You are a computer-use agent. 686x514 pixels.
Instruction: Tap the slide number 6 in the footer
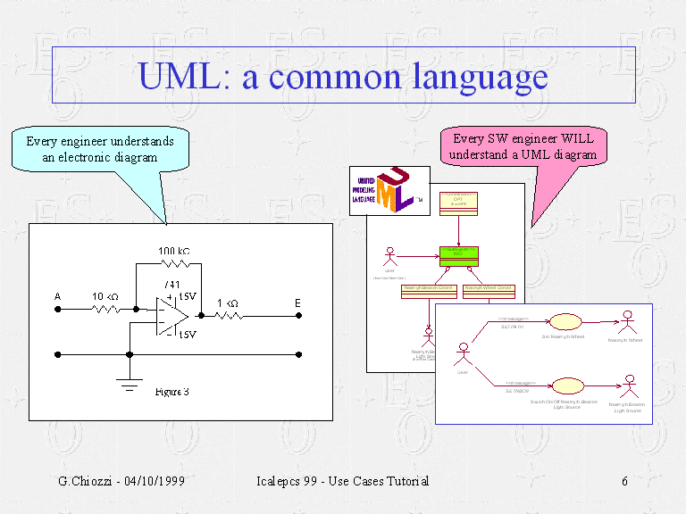click(x=625, y=482)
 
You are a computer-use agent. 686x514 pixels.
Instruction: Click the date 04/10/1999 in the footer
click(x=150, y=482)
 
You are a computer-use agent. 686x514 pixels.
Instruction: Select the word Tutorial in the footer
click(x=403, y=482)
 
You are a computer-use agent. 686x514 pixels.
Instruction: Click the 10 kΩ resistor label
click(x=105, y=297)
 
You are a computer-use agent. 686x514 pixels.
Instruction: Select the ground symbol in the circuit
click(x=130, y=385)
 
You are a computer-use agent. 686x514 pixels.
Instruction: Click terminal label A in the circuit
click(x=57, y=297)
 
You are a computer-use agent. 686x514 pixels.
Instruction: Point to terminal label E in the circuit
click(x=297, y=303)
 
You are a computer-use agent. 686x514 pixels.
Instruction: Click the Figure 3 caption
click(x=172, y=392)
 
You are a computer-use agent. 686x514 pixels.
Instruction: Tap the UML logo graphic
click(x=385, y=190)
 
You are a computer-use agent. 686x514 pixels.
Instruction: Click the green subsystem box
click(x=458, y=256)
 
